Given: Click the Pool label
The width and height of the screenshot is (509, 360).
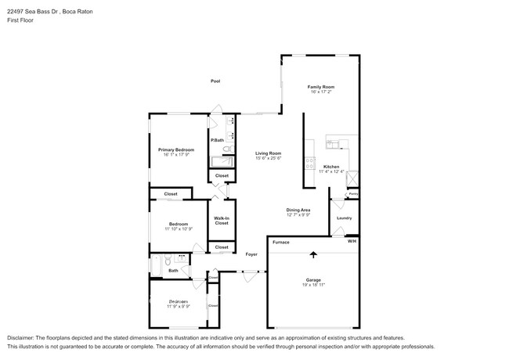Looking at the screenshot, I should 215,81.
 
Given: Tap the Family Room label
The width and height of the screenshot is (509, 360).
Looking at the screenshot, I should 320,86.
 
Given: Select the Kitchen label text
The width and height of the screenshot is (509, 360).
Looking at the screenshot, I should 331,167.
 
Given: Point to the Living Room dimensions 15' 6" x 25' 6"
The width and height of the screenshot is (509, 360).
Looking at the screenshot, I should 268,159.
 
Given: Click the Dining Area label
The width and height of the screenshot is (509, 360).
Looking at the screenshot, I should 298,210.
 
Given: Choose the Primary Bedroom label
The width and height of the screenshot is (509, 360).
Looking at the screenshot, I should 176,149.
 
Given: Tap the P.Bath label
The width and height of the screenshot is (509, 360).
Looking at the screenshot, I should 217,140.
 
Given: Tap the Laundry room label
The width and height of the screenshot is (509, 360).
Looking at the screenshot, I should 344,218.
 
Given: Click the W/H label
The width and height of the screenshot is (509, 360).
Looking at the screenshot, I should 352,242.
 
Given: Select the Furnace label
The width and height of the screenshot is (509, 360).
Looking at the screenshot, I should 280,242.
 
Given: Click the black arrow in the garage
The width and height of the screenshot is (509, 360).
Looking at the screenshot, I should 313,254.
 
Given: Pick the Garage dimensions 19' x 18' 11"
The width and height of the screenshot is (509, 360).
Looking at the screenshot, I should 313,285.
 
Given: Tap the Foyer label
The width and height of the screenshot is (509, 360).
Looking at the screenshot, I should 251,254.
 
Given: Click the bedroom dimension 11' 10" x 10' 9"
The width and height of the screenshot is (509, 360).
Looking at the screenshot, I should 178,229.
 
